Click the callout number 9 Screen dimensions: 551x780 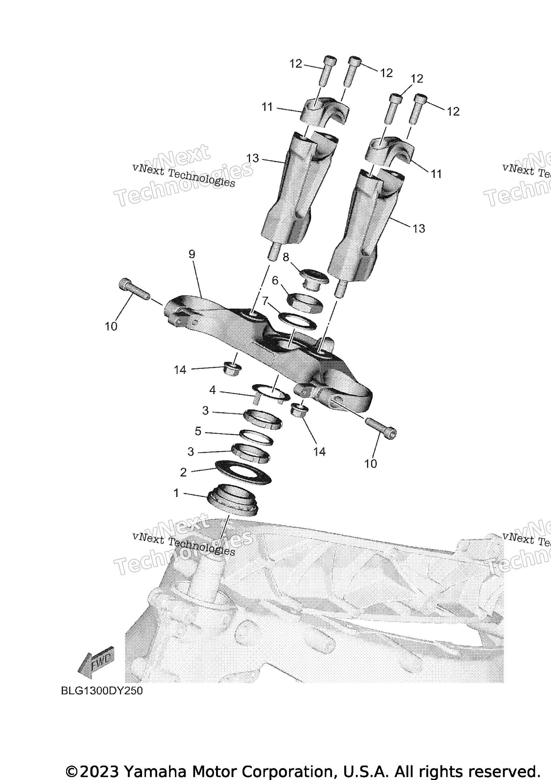pos(192,255)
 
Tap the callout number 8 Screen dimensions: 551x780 pos(286,257)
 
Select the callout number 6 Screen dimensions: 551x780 pos(275,281)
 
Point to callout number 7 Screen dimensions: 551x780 pos(265,301)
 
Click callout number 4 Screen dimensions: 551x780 pos(212,390)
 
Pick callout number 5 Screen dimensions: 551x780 pos(198,431)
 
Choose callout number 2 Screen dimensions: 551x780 pos(183,473)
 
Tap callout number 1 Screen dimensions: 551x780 pos(176,493)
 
